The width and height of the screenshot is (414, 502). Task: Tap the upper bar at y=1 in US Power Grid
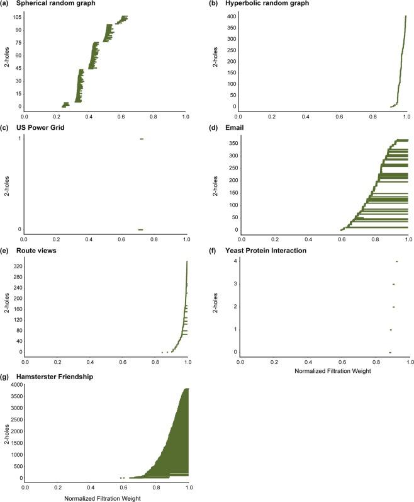click(142, 139)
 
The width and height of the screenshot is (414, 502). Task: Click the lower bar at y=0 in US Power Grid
click(141, 229)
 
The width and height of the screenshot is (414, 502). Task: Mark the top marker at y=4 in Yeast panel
click(396, 261)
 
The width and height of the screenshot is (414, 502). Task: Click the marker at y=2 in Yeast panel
click(393, 307)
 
